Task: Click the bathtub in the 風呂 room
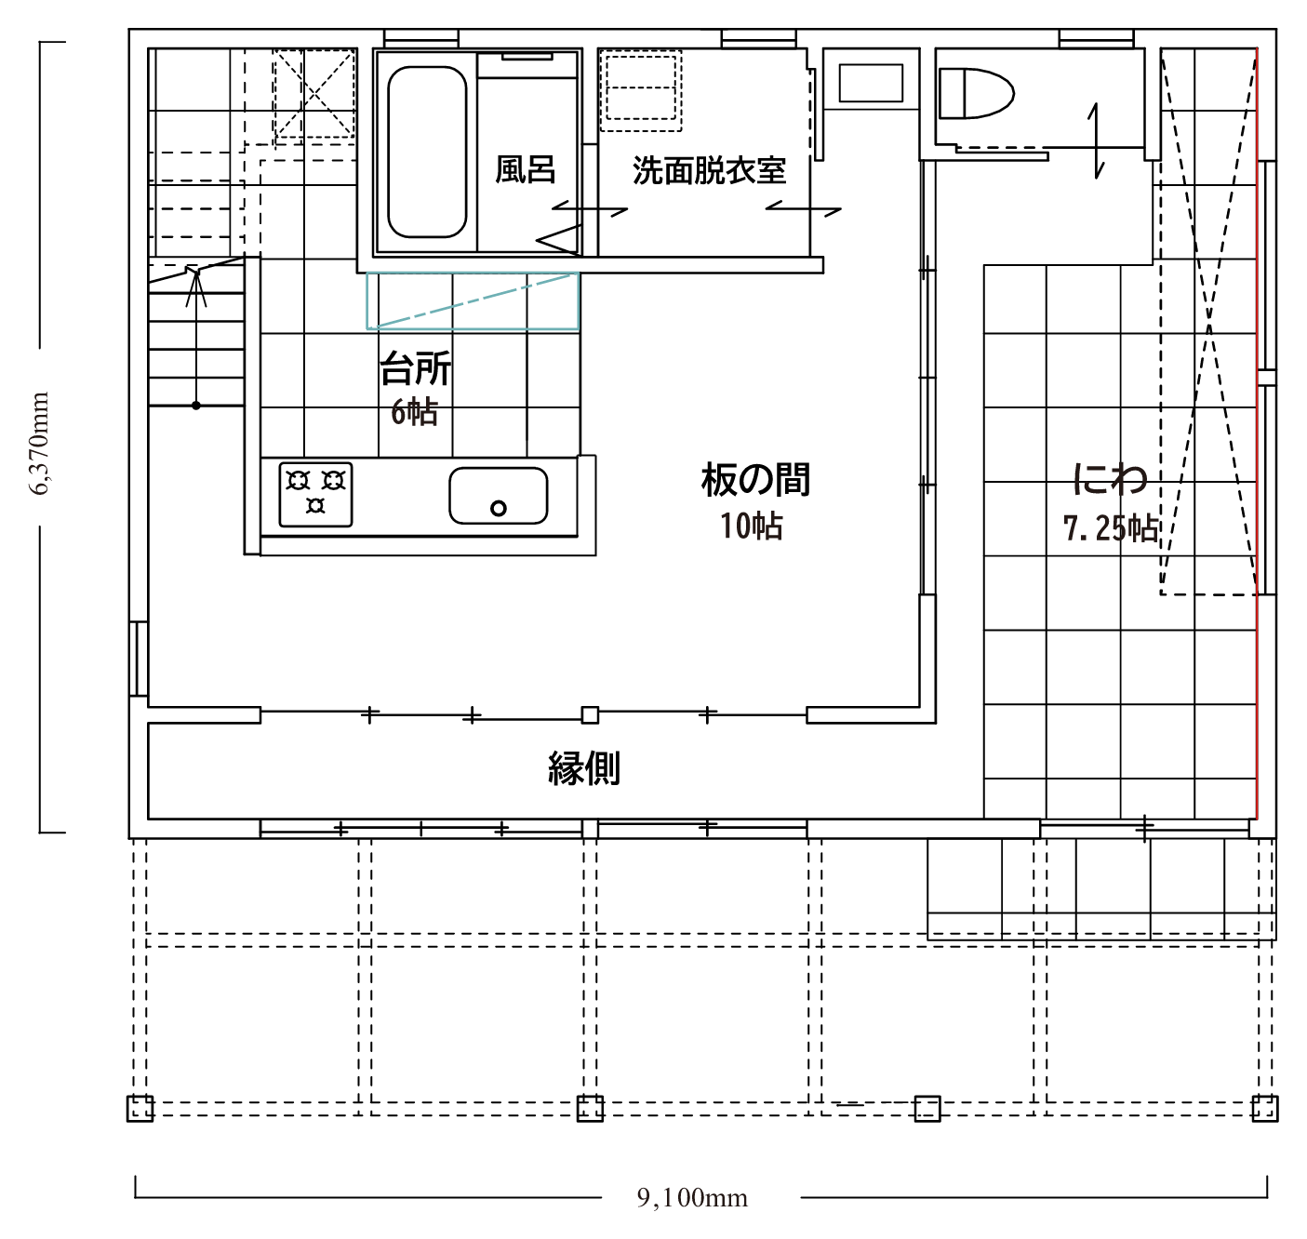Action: click(427, 152)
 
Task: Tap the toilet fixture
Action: click(975, 94)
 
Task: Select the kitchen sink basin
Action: click(498, 496)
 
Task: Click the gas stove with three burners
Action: click(315, 495)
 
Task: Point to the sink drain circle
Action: click(498, 509)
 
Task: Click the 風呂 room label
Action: click(525, 169)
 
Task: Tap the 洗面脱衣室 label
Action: click(710, 171)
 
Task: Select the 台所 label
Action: click(416, 368)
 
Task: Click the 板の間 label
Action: click(755, 480)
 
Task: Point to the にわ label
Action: click(1110, 479)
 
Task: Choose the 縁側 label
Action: click(584, 768)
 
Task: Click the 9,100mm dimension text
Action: click(692, 1198)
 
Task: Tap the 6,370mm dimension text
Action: click(39, 444)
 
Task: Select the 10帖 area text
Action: click(752, 526)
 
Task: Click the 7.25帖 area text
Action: click(1110, 529)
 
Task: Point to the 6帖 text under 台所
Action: click(414, 412)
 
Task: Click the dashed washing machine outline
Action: click(641, 89)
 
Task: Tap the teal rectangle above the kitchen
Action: click(473, 301)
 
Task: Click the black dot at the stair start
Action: click(196, 406)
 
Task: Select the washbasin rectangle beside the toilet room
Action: click(871, 83)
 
